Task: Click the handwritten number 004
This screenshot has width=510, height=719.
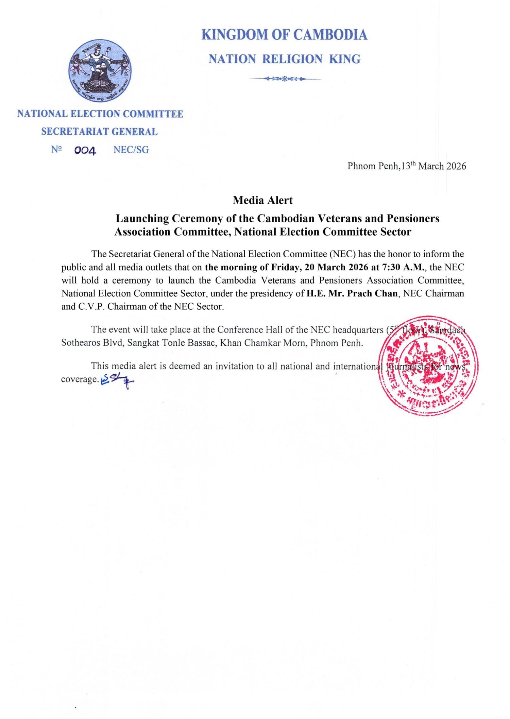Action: point(85,151)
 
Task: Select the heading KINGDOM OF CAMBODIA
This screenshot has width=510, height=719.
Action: point(284,35)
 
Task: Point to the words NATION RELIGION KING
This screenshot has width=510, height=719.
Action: point(284,59)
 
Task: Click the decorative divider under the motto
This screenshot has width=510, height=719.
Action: point(284,79)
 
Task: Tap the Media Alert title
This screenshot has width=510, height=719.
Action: point(262,200)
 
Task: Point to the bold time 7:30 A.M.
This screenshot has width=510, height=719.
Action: point(404,267)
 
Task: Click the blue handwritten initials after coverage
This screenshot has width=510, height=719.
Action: point(117,381)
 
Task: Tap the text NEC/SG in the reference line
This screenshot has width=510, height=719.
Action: point(131,150)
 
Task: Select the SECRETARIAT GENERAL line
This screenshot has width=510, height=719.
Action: point(99,132)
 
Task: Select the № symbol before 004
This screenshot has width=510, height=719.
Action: point(56,150)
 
